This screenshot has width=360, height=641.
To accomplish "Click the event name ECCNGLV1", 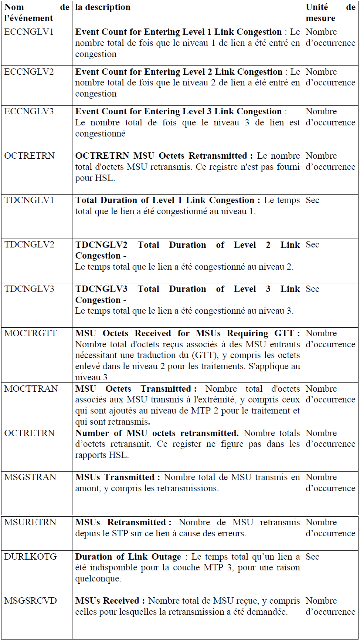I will pyautogui.click(x=29, y=32).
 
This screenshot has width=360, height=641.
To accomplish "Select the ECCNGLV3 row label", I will pyautogui.click(x=29, y=112).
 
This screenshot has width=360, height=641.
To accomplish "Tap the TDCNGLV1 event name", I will pyautogui.click(x=29, y=200).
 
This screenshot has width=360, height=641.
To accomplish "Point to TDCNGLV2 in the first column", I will pyautogui.click(x=29, y=245).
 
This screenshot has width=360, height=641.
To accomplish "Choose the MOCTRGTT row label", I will pyautogui.click(x=30, y=334).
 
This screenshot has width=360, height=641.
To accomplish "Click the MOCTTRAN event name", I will pyautogui.click(x=31, y=389).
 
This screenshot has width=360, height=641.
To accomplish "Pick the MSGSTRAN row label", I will pyautogui.click(x=30, y=478).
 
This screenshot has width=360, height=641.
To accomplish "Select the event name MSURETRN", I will pyautogui.click(x=30, y=523).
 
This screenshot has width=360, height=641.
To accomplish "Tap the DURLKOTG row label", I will pyautogui.click(x=30, y=557).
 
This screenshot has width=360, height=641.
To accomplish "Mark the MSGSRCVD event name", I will pyautogui.click(x=31, y=601).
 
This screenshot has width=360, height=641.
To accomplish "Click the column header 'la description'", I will pyautogui.click(x=103, y=7).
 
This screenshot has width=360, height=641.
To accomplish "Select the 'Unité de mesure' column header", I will pyautogui.click(x=330, y=13).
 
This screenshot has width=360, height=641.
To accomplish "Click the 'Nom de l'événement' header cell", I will pyautogui.click(x=36, y=13).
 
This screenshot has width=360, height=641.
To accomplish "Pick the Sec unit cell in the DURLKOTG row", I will pyautogui.click(x=312, y=557).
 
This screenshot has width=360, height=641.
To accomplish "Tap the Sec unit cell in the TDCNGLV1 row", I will pyautogui.click(x=312, y=200).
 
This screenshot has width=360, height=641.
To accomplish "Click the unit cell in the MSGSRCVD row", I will pyautogui.click(x=330, y=606).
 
